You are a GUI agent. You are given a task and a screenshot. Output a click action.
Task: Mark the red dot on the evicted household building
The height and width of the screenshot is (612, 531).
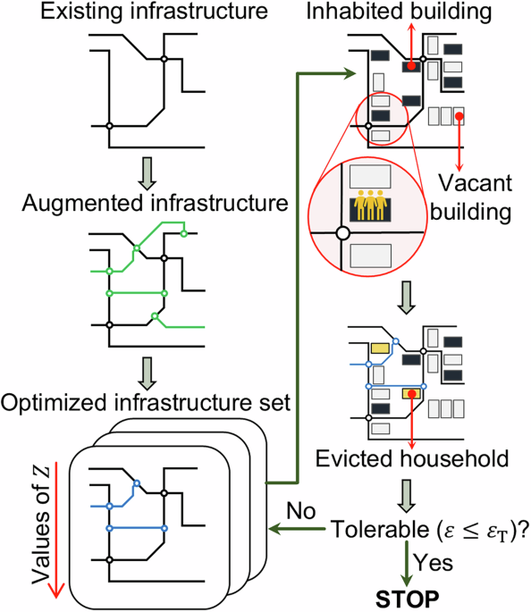pyautogui.click(x=412, y=392)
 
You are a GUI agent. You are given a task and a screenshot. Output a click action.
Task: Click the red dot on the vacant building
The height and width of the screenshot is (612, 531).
pyautogui.click(x=459, y=114)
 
